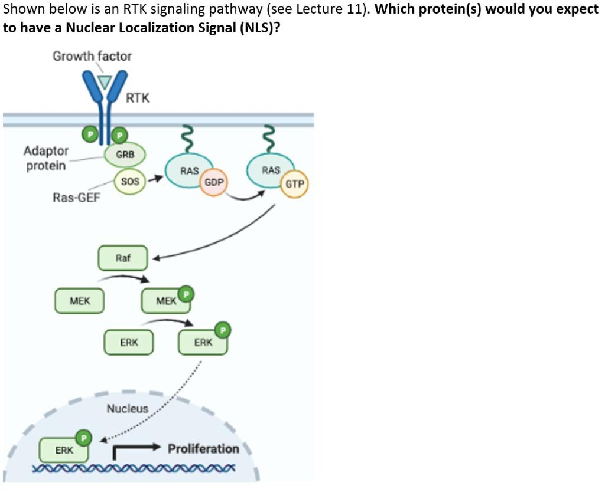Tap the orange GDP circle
pos(213,182)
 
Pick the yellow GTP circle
pos(294,184)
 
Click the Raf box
pos(122,258)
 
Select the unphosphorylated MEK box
pos(80,301)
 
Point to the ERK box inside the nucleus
pos(64,451)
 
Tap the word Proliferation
pos(203,449)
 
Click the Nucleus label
pos(127,408)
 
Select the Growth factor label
pos(92,56)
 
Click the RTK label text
pos(138,98)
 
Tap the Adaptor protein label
pos(46,158)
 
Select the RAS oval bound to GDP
pos(188,171)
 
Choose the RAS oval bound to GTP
pos(271,170)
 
